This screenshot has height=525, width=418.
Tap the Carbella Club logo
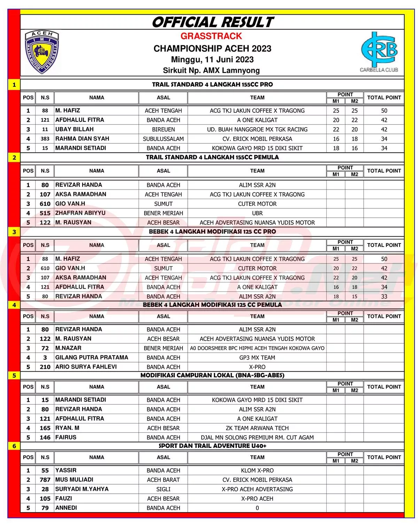pos(379,51)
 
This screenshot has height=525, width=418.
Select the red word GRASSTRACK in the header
pos(211,36)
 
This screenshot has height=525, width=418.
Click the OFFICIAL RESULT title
pos(212,22)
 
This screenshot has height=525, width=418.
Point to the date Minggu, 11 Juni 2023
pos(212,59)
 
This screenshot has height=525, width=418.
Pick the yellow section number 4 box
pos(14,305)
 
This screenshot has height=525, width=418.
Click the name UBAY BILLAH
pos(75,129)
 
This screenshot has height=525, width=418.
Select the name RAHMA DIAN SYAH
pos(82,139)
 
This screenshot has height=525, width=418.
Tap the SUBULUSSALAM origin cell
pos(163,139)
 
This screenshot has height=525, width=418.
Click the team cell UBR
pos(257,213)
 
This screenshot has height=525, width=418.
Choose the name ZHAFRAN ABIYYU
pos(80,213)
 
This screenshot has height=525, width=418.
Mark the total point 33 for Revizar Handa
pos(384,296)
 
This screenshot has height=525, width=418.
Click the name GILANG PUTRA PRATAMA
pos(92,358)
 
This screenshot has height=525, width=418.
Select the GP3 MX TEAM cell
pos(257,358)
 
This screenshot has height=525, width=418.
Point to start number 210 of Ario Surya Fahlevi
pos(45,367)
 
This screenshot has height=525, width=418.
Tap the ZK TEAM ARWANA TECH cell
pos(257,428)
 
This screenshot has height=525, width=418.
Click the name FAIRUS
pos(66,438)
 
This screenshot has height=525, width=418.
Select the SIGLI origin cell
pos(163,489)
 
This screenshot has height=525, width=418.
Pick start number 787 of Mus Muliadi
pos(45,480)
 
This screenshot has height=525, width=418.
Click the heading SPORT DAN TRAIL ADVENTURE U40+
pos(212,446)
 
